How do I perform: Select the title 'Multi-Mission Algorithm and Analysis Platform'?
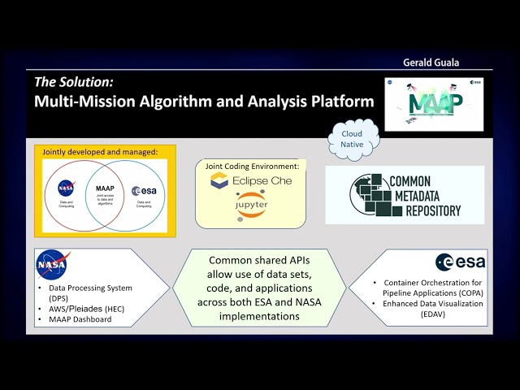click(x=203, y=102)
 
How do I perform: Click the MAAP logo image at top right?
click(x=433, y=104)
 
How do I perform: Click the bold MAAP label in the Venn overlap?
click(x=105, y=188)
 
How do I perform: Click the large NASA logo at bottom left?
click(x=52, y=264)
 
